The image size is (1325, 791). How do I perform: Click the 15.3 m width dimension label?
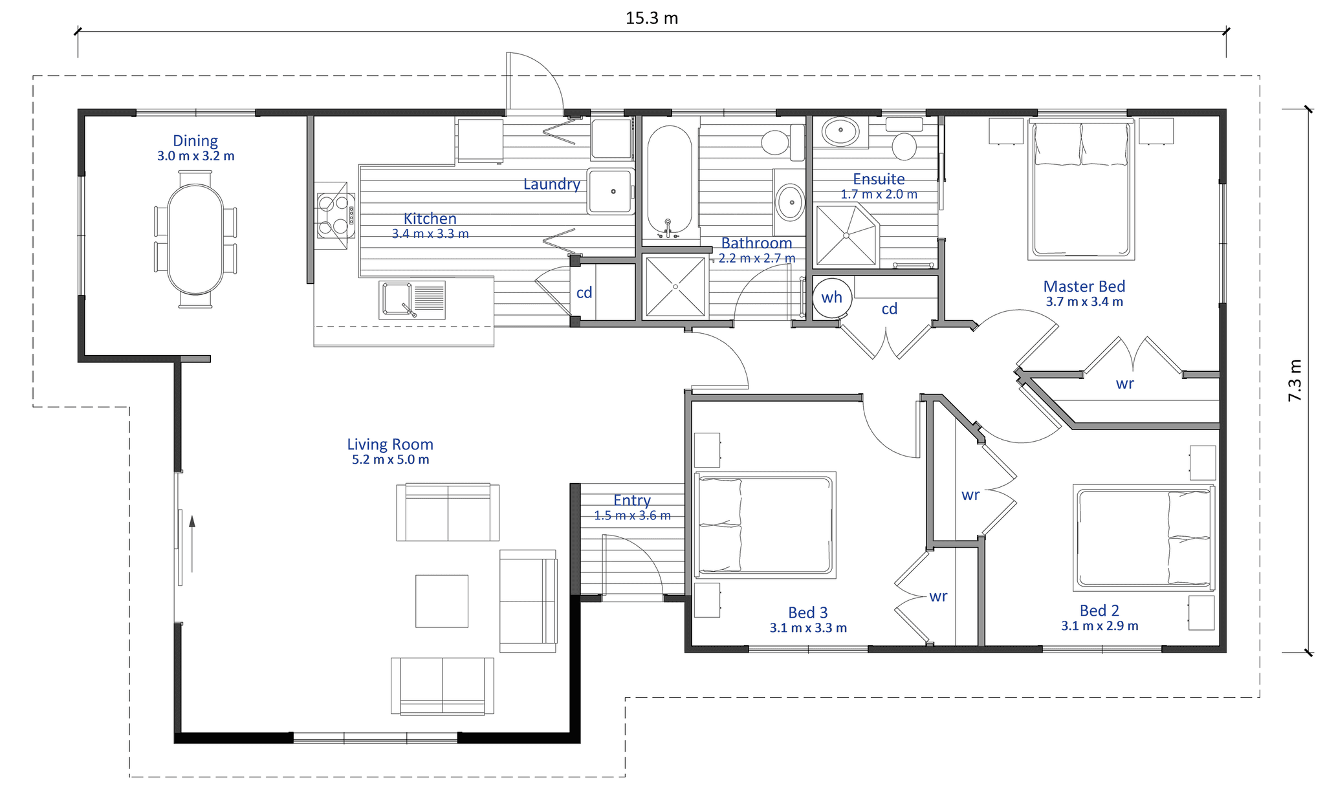(x=652, y=18)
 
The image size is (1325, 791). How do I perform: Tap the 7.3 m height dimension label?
(x=1295, y=380)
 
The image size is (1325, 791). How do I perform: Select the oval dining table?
(x=195, y=239)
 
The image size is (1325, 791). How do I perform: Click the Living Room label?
(x=390, y=444)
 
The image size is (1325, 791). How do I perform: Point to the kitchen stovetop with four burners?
(x=334, y=215)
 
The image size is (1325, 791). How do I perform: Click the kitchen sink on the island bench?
(x=412, y=300)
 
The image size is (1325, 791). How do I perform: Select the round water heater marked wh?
(x=832, y=298)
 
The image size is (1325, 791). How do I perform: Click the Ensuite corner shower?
(x=846, y=235)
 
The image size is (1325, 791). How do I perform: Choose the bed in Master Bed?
(x=1081, y=189)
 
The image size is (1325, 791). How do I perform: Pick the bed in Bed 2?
(x=1144, y=538)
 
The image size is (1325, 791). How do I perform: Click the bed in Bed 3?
(x=765, y=525)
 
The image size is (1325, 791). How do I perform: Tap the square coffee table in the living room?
(x=442, y=601)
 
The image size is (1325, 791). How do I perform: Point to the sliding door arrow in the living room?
(x=192, y=544)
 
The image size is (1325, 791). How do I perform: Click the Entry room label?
(x=632, y=500)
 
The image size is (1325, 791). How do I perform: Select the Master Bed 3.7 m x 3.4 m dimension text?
(x=1084, y=302)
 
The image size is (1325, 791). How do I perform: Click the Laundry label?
(x=552, y=184)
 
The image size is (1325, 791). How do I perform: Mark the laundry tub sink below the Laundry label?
(x=610, y=191)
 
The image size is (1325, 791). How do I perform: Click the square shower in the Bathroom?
(x=675, y=287)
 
